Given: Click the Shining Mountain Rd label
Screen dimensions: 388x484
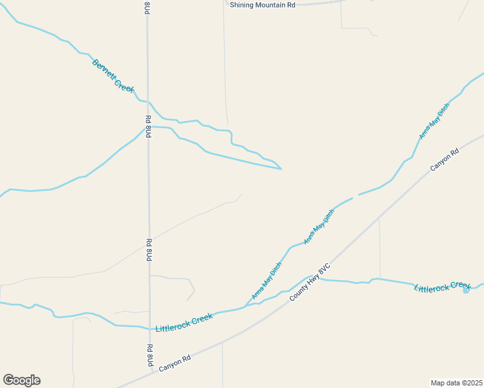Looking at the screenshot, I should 263,5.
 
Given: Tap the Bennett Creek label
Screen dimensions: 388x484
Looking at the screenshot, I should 113,76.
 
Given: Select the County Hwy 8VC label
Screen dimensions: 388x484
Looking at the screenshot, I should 310,281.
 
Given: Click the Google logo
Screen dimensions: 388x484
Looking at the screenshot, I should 21,380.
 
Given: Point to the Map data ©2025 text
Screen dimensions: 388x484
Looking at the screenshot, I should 456,383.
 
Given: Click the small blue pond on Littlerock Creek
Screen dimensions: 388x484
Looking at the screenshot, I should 466,290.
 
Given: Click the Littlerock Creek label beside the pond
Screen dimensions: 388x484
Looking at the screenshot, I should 442,286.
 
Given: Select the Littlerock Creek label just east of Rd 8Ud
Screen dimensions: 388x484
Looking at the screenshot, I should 184,322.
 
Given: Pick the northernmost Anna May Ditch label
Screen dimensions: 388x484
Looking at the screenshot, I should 434,121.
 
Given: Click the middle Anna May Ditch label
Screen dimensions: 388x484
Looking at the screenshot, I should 319,226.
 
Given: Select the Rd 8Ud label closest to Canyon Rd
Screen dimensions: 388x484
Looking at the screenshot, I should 149,356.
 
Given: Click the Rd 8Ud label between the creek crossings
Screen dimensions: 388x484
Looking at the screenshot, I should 148,127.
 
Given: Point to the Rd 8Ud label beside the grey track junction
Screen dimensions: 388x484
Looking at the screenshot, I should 149,250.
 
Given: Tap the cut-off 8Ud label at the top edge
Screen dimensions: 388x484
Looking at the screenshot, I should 148,8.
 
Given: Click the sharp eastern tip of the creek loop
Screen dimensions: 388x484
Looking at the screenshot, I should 281,169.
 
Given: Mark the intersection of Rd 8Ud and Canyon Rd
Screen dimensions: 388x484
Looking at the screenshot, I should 150,371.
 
